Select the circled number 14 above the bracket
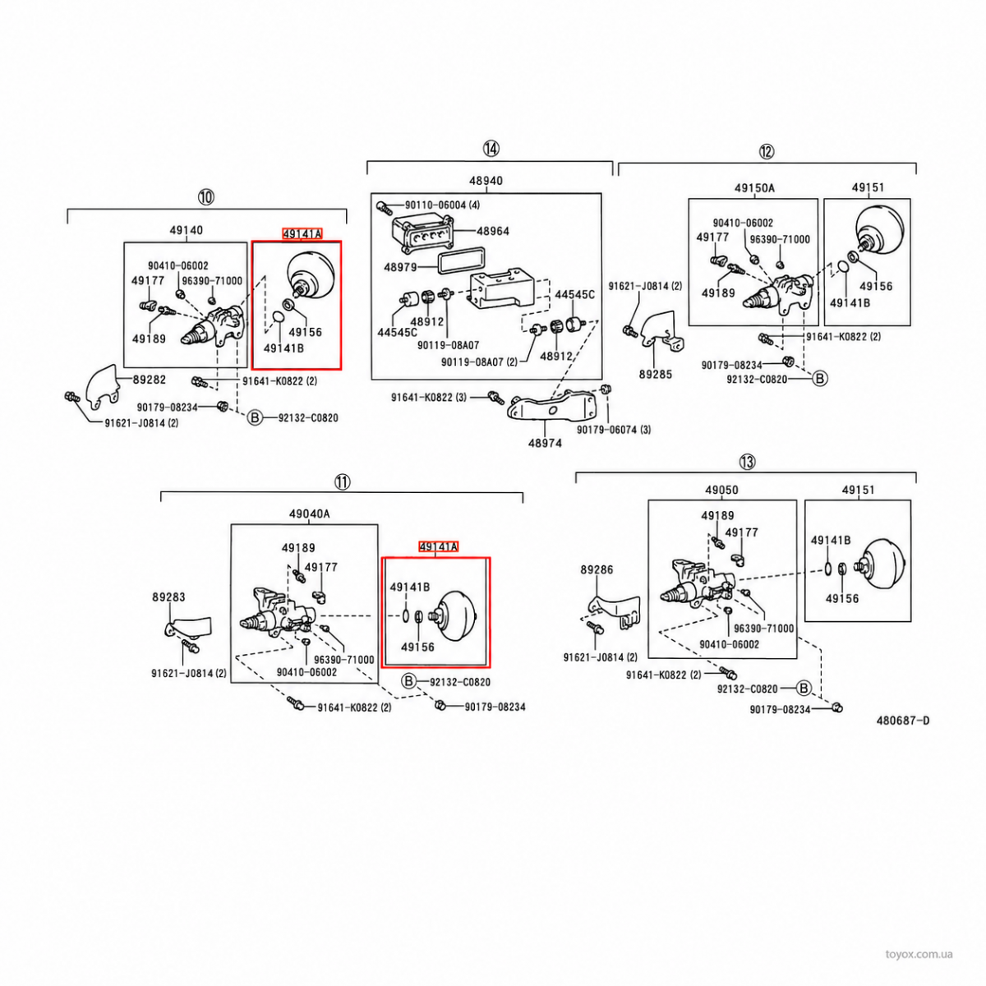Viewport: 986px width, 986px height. (x=491, y=149)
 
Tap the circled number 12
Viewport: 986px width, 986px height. (x=767, y=151)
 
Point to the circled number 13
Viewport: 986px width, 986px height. (x=747, y=462)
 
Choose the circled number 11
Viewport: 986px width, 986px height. (x=342, y=481)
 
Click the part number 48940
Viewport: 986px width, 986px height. (x=486, y=180)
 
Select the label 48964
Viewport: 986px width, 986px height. (x=493, y=231)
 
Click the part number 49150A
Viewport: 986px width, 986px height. (x=754, y=188)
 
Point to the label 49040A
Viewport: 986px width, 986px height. (x=309, y=514)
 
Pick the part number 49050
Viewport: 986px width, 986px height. (x=721, y=490)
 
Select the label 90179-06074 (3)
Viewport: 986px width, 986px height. (x=614, y=430)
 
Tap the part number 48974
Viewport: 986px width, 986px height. (x=545, y=443)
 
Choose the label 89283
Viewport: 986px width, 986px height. (x=168, y=597)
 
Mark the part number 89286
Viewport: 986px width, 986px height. (x=597, y=569)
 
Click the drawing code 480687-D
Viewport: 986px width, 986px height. (x=903, y=721)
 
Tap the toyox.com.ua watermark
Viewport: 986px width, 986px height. (x=919, y=954)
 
